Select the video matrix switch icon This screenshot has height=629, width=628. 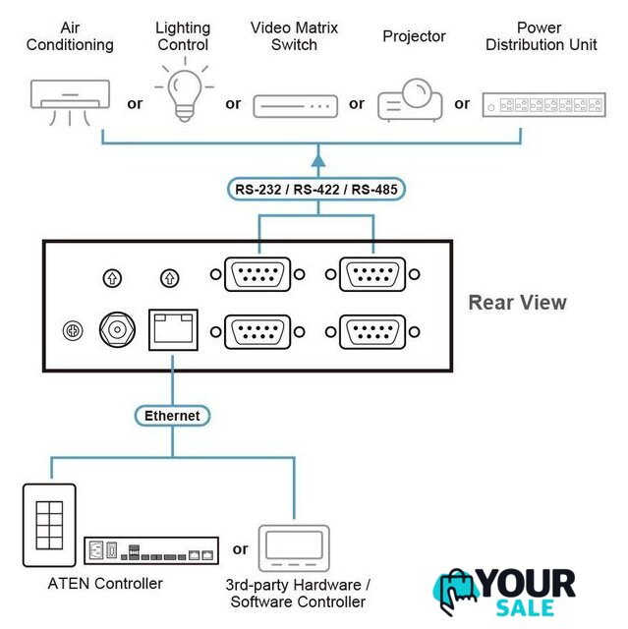point(295,105)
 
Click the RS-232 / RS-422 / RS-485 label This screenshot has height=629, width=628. point(317,189)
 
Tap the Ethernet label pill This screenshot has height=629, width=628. point(172,416)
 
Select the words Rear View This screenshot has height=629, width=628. point(517,303)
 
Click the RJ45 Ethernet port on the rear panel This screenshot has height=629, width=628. point(172,329)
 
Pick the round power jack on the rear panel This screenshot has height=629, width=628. point(117,330)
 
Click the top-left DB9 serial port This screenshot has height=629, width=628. point(258,275)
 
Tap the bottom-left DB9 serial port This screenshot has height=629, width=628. point(258,331)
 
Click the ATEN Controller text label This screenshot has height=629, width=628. point(105,584)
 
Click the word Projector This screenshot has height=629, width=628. point(414,36)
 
